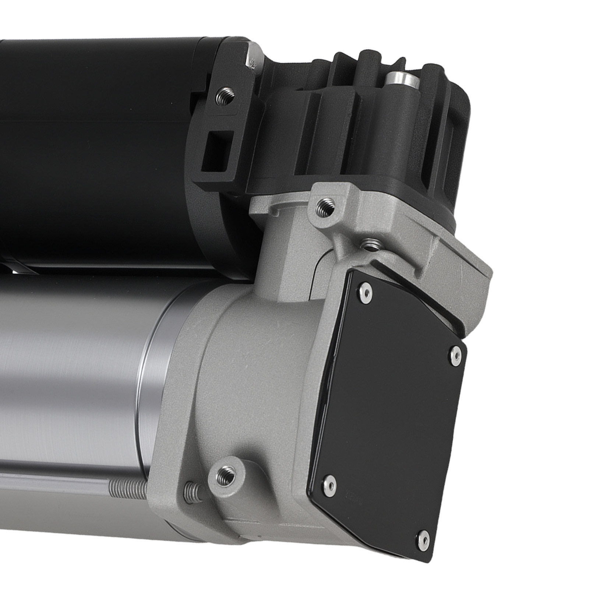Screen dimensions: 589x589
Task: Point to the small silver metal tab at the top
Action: [253, 57]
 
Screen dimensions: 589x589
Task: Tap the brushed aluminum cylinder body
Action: [74, 368]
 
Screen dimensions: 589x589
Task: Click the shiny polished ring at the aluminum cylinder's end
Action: [155, 379]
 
